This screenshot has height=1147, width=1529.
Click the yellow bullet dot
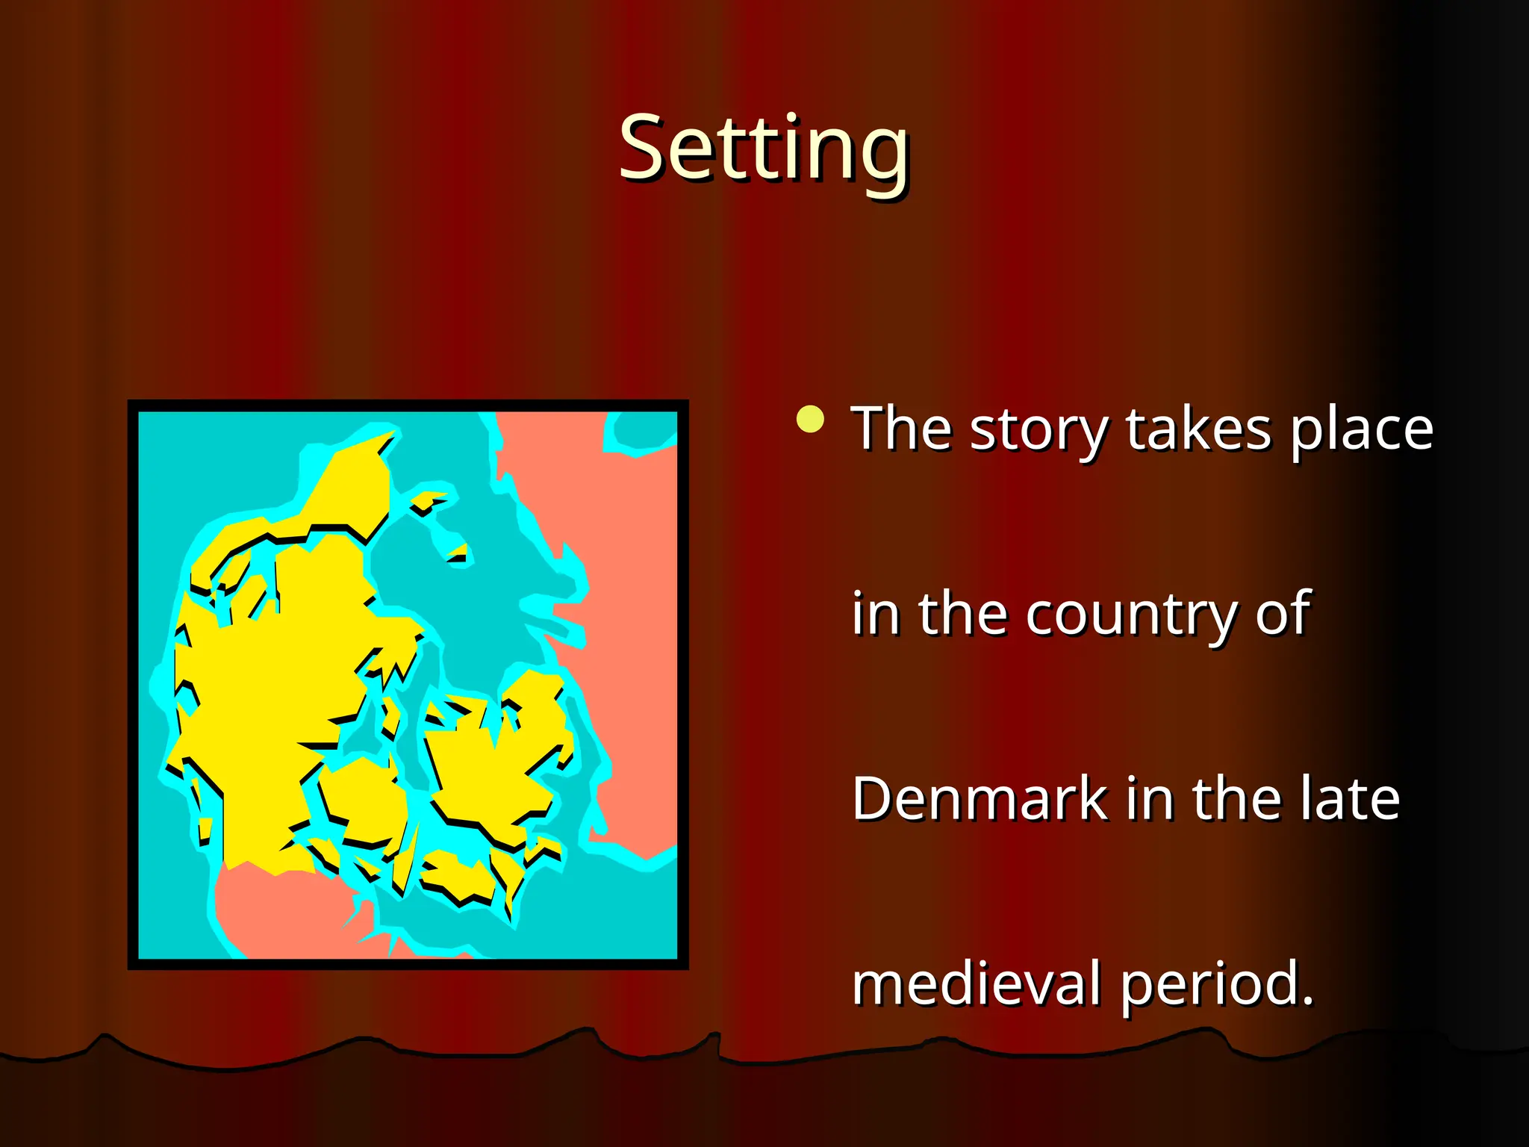pyautogui.click(x=810, y=419)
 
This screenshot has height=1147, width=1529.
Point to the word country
pyautogui.click(x=1131, y=614)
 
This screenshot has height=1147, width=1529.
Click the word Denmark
pyautogui.click(x=979, y=798)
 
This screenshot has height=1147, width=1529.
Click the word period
pyautogui.click(x=1216, y=984)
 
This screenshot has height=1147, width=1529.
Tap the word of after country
pyautogui.click(x=1282, y=614)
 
